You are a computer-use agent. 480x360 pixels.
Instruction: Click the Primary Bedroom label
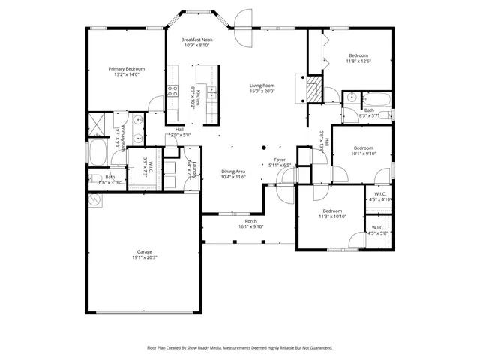tap(126, 69)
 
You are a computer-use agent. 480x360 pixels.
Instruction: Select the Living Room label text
tap(262, 85)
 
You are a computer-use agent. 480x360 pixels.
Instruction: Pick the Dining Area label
tap(233, 172)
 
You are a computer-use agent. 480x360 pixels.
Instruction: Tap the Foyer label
tap(279, 160)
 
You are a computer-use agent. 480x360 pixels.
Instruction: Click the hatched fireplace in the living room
tap(312, 90)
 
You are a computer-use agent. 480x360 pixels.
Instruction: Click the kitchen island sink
tap(214, 93)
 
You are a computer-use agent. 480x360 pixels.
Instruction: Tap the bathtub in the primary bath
tap(98, 153)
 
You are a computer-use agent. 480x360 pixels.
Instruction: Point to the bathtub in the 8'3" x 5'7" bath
tap(376, 98)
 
